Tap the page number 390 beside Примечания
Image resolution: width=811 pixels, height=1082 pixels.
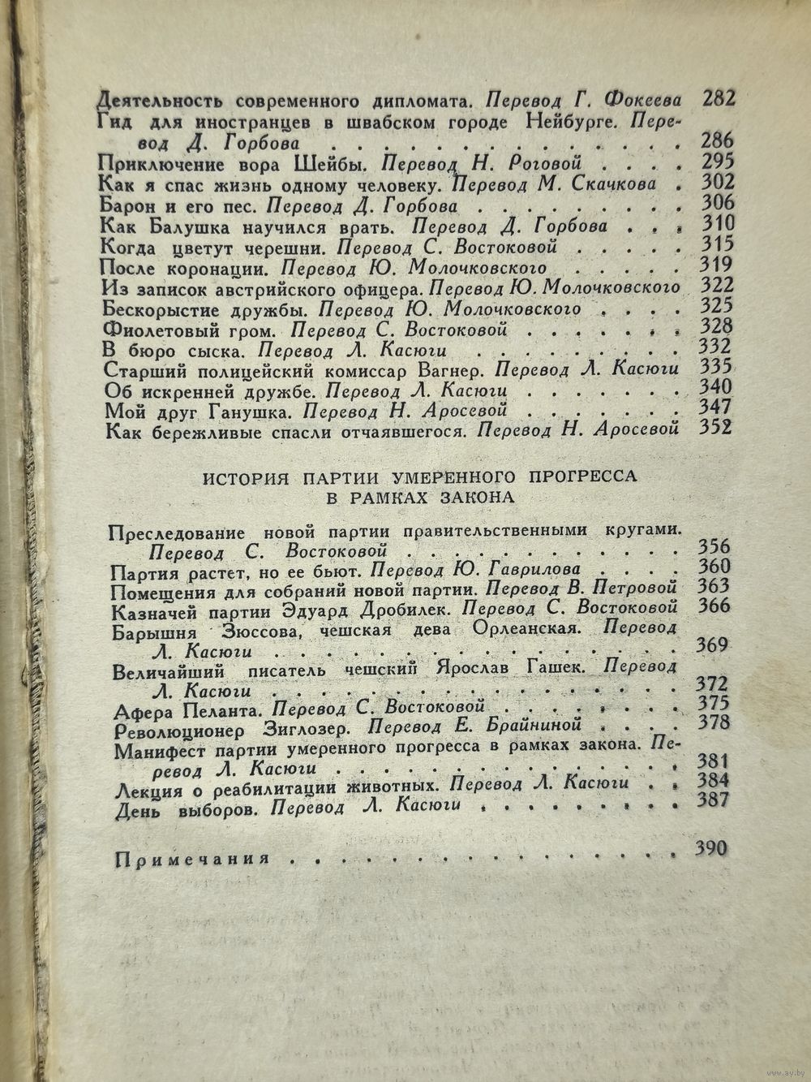click(x=712, y=849)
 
